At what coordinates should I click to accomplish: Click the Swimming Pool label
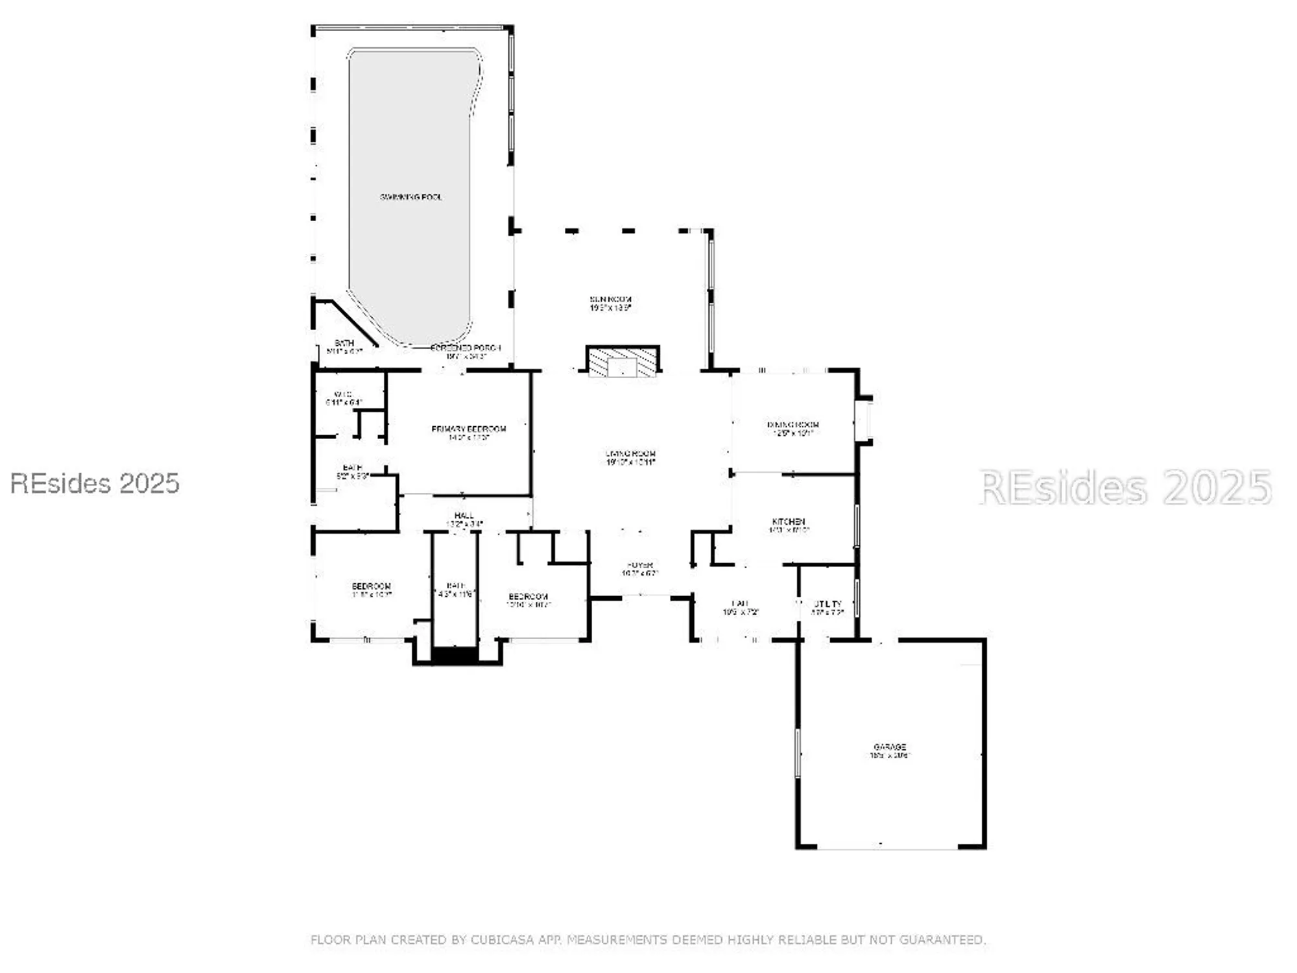411,197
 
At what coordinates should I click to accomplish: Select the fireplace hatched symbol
623,362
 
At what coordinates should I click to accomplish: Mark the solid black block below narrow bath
455,655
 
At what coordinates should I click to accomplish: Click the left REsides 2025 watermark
95,484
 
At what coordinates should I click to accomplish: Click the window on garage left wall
798,752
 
